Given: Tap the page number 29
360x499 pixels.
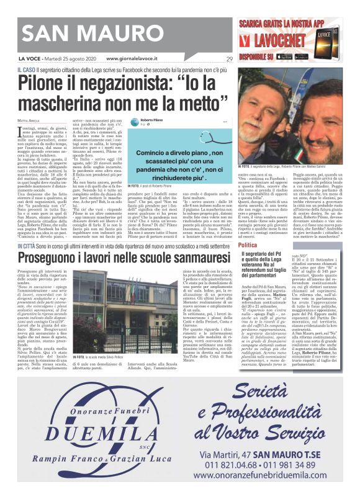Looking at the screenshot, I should pyautogui.click(x=229, y=60).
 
